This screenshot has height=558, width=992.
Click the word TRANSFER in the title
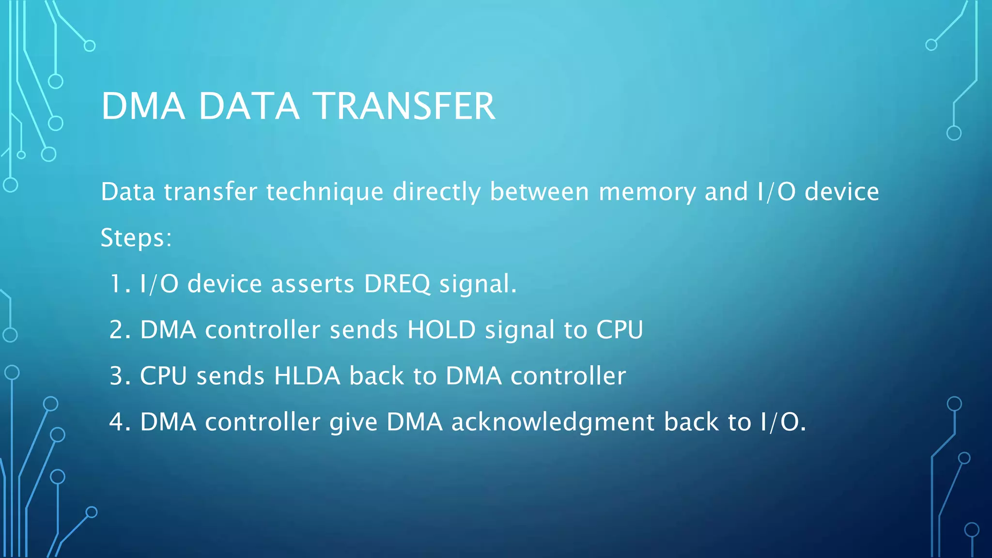click(x=404, y=107)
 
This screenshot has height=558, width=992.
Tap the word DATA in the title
click(x=249, y=107)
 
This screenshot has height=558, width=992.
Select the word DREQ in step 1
click(x=397, y=284)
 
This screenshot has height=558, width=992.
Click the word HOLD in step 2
click(x=441, y=330)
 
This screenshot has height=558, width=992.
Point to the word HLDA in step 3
click(x=307, y=376)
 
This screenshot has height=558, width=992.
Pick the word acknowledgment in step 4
click(x=553, y=422)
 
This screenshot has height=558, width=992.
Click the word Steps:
click(x=136, y=238)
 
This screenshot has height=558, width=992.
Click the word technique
click(x=325, y=192)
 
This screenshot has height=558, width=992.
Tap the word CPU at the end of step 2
click(x=619, y=330)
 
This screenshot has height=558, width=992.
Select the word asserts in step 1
click(x=312, y=284)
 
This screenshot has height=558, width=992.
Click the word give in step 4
click(x=353, y=422)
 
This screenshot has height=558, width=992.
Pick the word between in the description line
click(x=540, y=192)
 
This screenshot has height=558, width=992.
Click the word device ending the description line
click(x=841, y=192)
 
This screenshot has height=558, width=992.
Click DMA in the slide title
click(x=143, y=107)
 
